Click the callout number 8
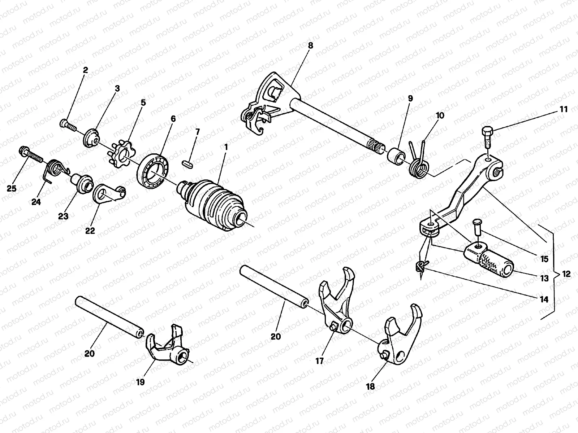(x=310, y=46)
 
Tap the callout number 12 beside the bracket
(x=566, y=274)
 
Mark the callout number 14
(x=543, y=299)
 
